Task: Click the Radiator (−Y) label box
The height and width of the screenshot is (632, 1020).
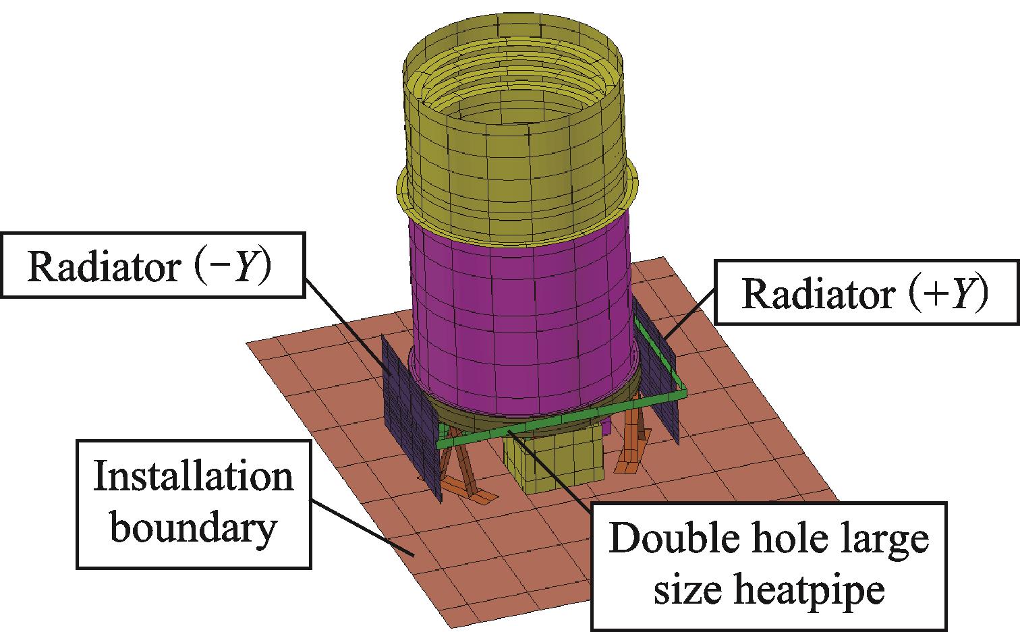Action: tap(152, 265)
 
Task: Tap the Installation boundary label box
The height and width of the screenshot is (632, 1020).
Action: tap(194, 503)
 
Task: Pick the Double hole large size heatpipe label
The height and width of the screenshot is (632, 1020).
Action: tap(768, 565)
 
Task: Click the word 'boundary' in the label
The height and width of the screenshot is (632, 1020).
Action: tap(194, 527)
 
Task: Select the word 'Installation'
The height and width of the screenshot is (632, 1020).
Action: tap(194, 478)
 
